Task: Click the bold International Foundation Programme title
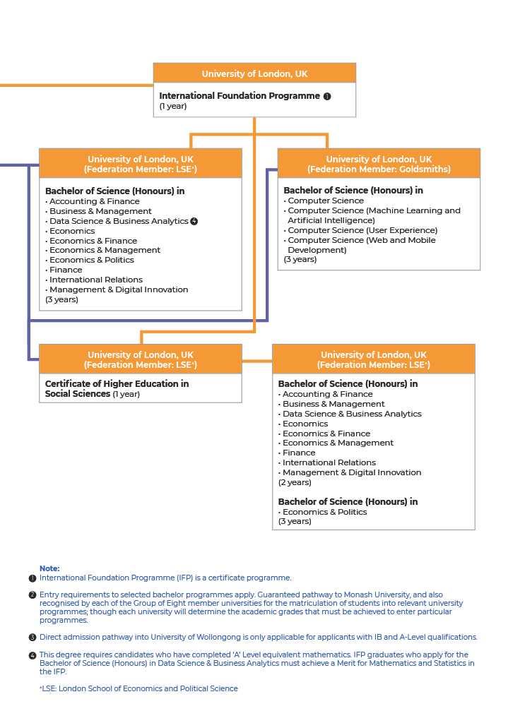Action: pyautogui.click(x=240, y=96)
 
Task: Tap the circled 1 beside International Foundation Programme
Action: pyautogui.click(x=327, y=97)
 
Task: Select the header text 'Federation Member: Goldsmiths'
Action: pyautogui.click(x=379, y=169)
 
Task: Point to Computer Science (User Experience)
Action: pyautogui.click(x=362, y=230)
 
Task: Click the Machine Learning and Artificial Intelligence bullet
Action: pyautogui.click(x=374, y=215)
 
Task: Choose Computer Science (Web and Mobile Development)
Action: pyautogui.click(x=361, y=245)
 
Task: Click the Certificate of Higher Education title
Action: pyautogui.click(x=117, y=388)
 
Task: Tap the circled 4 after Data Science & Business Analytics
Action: pyautogui.click(x=194, y=221)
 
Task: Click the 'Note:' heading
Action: pyautogui.click(x=49, y=568)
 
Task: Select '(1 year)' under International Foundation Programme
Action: pyautogui.click(x=172, y=106)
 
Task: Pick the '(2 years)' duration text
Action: pyautogui.click(x=295, y=482)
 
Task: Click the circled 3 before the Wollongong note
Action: pyautogui.click(x=33, y=638)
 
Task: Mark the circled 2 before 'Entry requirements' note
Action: pyautogui.click(x=33, y=595)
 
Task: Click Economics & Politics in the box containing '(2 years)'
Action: pyautogui.click(x=324, y=512)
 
